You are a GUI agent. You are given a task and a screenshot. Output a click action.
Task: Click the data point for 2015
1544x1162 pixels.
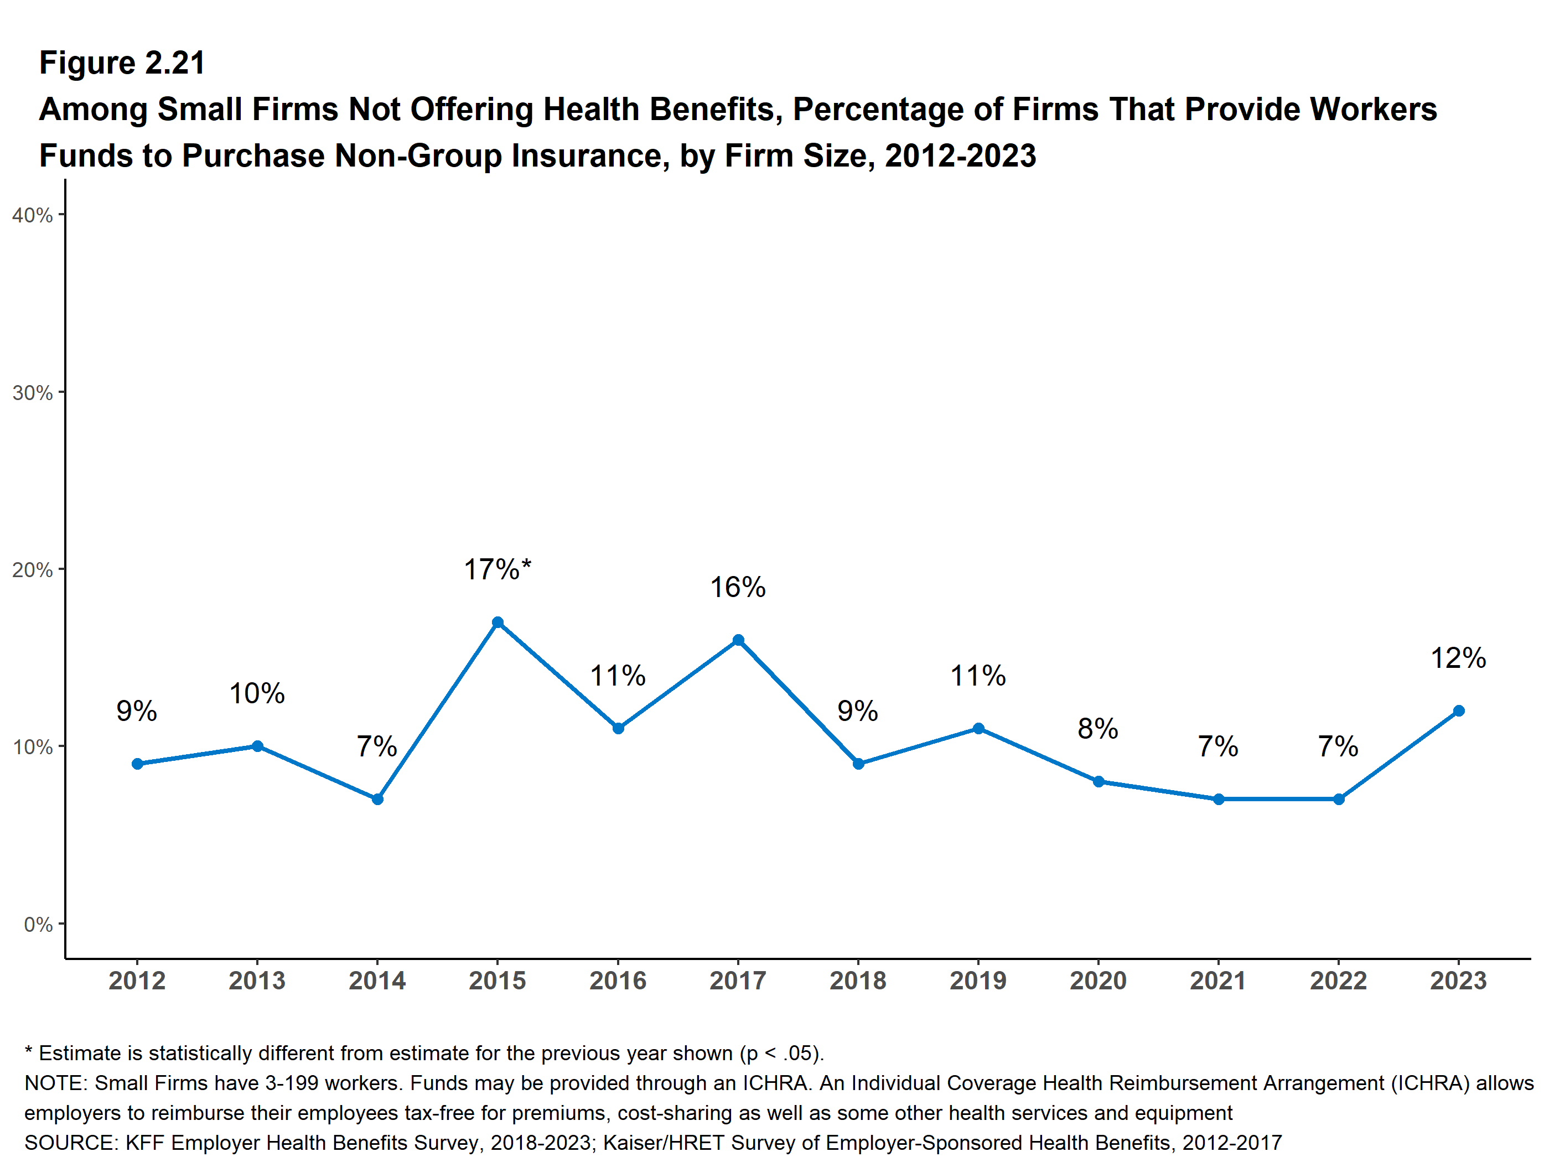point(498,622)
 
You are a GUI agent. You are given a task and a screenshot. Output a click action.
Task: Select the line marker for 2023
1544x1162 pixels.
point(1458,710)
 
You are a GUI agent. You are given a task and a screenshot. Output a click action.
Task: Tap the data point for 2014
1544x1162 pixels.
point(377,799)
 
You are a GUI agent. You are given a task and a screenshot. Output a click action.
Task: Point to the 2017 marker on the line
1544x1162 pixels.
point(738,640)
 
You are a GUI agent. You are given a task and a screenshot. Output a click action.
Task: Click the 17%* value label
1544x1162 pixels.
point(498,569)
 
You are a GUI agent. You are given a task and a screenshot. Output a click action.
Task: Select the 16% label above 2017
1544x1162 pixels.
point(738,588)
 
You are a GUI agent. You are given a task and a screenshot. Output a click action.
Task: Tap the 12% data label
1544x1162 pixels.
point(1458,658)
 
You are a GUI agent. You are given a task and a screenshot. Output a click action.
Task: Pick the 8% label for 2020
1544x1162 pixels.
point(1098,729)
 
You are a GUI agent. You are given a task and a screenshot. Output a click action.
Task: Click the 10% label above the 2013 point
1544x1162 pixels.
point(257,694)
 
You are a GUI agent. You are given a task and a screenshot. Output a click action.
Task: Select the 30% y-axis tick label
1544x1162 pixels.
point(33,392)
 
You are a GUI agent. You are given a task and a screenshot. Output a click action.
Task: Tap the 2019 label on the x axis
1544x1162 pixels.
point(978,981)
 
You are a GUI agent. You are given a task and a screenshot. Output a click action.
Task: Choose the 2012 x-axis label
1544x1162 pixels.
point(137,981)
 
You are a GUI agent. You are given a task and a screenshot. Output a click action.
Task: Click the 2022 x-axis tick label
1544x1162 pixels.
point(1338,981)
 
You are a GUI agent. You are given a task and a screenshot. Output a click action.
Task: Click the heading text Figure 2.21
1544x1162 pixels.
point(122,63)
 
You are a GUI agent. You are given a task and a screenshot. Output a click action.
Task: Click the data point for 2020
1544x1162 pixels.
point(1098,782)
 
